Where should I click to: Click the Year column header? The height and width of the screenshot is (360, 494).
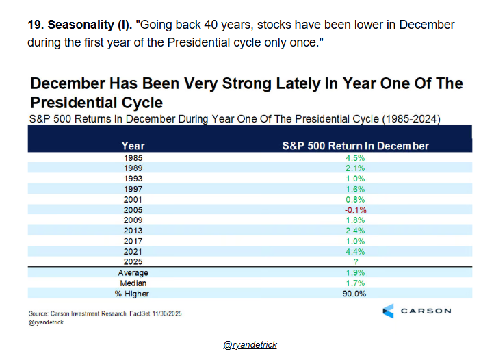pyautogui.click(x=133, y=146)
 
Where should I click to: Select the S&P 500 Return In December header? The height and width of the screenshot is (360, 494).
pyautogui.click(x=355, y=146)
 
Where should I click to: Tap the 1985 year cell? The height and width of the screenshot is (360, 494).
pyautogui.click(x=133, y=158)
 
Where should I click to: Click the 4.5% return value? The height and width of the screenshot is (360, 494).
pyautogui.click(x=355, y=158)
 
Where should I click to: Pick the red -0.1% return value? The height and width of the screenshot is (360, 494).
pyautogui.click(x=355, y=210)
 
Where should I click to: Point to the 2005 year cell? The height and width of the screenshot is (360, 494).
pyautogui.click(x=133, y=210)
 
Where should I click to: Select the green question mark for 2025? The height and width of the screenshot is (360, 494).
pyautogui.click(x=356, y=261)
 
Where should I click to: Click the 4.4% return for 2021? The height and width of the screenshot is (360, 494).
pyautogui.click(x=355, y=252)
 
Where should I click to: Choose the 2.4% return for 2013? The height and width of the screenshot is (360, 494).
pyautogui.click(x=355, y=231)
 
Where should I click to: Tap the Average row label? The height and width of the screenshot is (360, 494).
pyautogui.click(x=133, y=272)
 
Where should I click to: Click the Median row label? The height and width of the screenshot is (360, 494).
pyautogui.click(x=133, y=283)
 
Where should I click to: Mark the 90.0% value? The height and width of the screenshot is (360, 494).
pyautogui.click(x=354, y=294)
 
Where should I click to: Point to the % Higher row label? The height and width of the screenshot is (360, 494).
pyautogui.click(x=131, y=294)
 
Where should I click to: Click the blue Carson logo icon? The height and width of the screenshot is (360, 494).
pyautogui.click(x=388, y=311)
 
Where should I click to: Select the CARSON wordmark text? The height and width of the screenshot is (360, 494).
pyautogui.click(x=426, y=311)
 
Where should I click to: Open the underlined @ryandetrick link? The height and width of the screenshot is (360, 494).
pyautogui.click(x=250, y=344)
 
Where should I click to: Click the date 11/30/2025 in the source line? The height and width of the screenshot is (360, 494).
pyautogui.click(x=167, y=313)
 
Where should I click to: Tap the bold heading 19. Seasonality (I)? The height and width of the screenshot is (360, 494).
pyautogui.click(x=80, y=25)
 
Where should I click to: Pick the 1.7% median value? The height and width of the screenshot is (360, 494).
pyautogui.click(x=355, y=283)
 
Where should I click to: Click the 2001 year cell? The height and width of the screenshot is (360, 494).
pyautogui.click(x=133, y=200)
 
